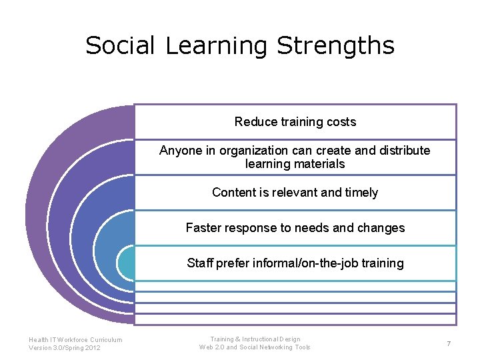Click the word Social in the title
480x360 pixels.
point(120,46)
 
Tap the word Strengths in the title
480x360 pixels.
point(335,46)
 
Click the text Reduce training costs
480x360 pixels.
point(295,122)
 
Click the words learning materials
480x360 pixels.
point(295,164)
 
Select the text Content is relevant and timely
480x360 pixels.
point(295,193)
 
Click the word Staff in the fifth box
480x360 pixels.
point(200,263)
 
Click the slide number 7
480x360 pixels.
point(449,343)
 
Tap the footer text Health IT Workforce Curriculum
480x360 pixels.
point(75,340)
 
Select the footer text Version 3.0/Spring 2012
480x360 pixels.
point(65,348)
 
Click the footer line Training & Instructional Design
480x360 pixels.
point(255,339)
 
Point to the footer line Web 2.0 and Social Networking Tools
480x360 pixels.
point(255,347)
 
